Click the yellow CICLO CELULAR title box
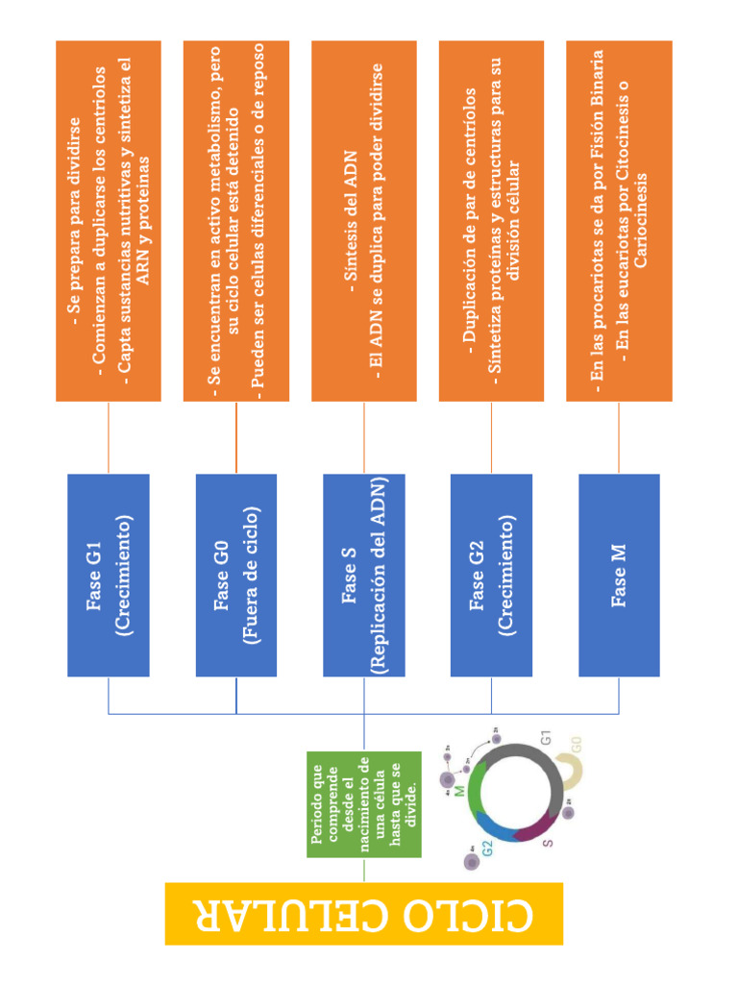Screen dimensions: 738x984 coord(364,913)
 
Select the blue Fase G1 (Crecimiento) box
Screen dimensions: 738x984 coord(109,575)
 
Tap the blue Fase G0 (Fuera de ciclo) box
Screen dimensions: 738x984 coord(236,575)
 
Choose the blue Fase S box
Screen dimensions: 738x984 coord(364,575)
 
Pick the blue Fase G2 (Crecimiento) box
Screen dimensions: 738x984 coord(491,575)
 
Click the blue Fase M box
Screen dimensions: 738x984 coord(619,575)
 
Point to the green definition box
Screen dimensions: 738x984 coord(364,804)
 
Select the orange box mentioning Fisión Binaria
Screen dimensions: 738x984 coord(619,221)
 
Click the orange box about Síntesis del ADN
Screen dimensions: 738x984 coord(364,221)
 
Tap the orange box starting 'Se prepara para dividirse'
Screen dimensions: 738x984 coord(109,221)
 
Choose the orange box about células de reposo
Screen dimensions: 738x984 coord(236,221)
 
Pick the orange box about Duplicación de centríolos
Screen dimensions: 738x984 coord(491,221)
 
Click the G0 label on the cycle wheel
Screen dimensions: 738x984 coord(577,745)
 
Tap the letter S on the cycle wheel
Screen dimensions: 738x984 coord(548,843)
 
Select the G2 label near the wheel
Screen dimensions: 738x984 coord(487,848)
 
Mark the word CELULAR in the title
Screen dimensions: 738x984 coord(280,915)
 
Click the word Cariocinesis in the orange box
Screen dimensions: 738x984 coord(640,221)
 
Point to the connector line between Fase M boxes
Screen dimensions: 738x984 coord(619,437)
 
